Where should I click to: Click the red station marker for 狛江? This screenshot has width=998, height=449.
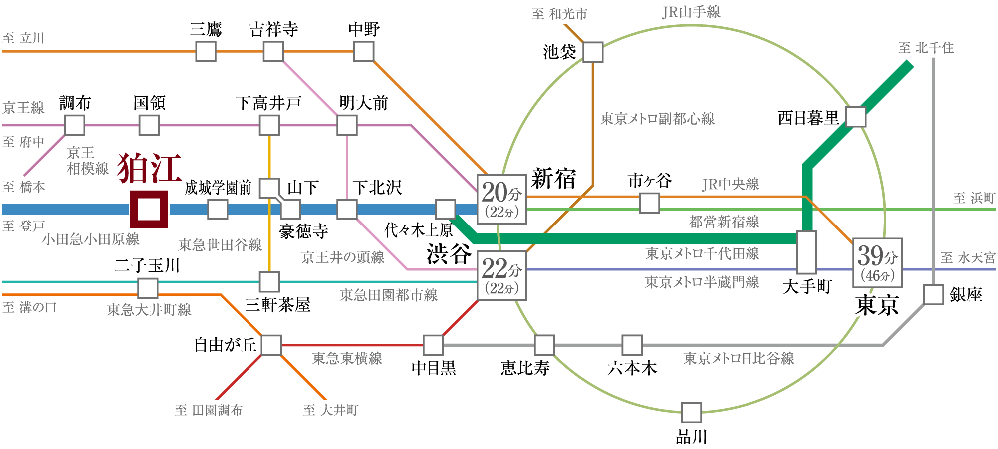pyautogui.click(x=149, y=209)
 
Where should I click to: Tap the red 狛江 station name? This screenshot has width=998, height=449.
pyautogui.click(x=149, y=169)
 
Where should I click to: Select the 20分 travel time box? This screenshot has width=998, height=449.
pyautogui.click(x=501, y=199)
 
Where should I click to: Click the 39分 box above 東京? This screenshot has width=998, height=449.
pyautogui.click(x=877, y=263)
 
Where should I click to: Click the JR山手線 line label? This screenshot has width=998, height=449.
pyautogui.click(x=691, y=12)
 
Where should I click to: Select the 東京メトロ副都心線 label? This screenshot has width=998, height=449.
pyautogui.click(x=657, y=119)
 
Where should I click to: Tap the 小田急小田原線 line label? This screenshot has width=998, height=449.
pyautogui.click(x=90, y=239)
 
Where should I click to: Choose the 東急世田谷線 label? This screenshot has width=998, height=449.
pyautogui.click(x=220, y=245)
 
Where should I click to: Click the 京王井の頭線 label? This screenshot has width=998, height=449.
pyautogui.click(x=343, y=257)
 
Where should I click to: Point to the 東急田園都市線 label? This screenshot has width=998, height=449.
pyautogui.click(x=389, y=295)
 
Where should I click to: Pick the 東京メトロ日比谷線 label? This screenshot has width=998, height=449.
pyautogui.click(x=739, y=358)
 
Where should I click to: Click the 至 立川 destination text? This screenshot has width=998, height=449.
pyautogui.click(x=23, y=38)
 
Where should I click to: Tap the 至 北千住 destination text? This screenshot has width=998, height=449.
pyautogui.click(x=926, y=48)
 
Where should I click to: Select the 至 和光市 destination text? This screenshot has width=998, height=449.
pyautogui.click(x=559, y=14)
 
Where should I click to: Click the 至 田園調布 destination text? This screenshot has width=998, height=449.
pyautogui.click(x=209, y=410)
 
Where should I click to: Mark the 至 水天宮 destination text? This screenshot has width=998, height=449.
pyautogui.click(x=968, y=258)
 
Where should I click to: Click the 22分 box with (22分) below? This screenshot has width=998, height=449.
pyautogui.click(x=501, y=275)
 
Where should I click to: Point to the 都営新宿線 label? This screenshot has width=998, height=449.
pyautogui.click(x=724, y=222)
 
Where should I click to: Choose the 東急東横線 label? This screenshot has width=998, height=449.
pyautogui.click(x=347, y=358)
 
